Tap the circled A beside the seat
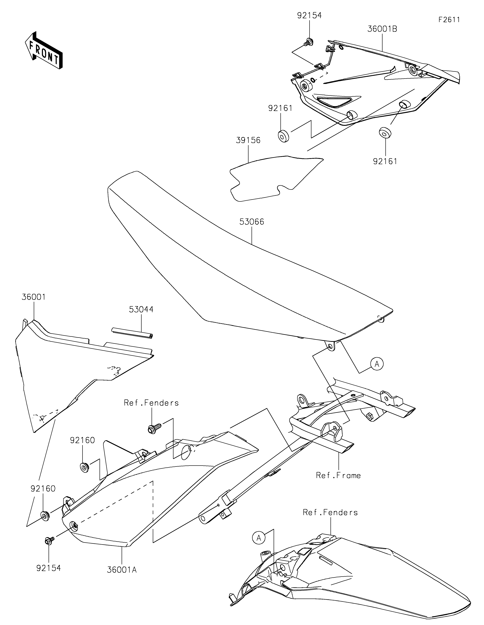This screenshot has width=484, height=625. [377, 364]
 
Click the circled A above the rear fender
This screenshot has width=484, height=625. [259, 538]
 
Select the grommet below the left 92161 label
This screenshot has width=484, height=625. [283, 136]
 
